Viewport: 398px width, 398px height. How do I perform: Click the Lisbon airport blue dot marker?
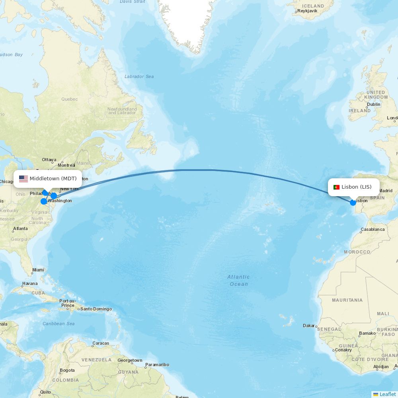(x=353, y=203)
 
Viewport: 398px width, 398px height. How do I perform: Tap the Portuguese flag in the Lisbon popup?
(x=336, y=187)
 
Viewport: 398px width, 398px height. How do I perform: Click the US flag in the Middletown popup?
(x=23, y=179)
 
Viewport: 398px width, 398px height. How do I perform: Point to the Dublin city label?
(x=374, y=104)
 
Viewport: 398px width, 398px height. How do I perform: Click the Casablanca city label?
(x=373, y=230)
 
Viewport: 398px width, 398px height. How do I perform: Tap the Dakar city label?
(x=309, y=326)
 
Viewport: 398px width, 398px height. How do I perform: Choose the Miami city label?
(x=38, y=270)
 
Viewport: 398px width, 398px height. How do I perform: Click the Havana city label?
(x=30, y=284)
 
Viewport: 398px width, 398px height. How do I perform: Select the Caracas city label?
(x=101, y=343)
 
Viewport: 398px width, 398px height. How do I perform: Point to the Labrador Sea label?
(x=139, y=76)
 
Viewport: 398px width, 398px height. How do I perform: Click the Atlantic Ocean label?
(x=239, y=280)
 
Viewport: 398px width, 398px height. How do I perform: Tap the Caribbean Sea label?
(x=59, y=324)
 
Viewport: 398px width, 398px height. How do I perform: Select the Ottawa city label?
(x=49, y=160)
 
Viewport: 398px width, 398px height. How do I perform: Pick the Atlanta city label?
(x=20, y=228)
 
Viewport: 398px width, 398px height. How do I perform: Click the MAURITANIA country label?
(x=347, y=300)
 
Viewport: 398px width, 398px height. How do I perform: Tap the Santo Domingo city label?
(x=96, y=309)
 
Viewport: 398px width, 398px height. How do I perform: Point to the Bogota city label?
(x=67, y=370)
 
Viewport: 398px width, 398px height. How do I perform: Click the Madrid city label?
(x=386, y=191)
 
